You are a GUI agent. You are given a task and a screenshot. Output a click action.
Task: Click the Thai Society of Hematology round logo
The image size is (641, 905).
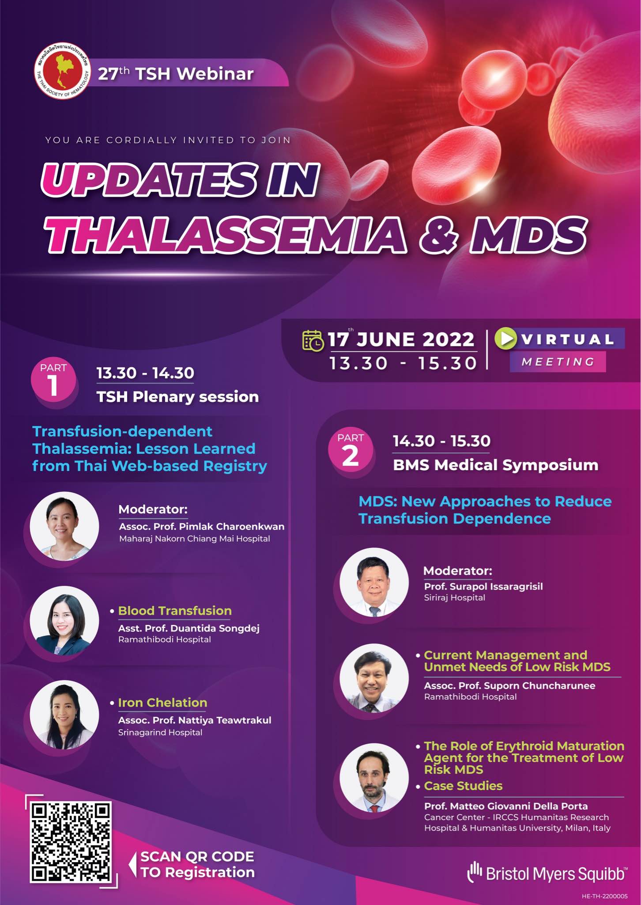(x=63, y=72)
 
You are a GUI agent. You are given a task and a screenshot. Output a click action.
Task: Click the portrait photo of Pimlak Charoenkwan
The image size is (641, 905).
(x=64, y=526)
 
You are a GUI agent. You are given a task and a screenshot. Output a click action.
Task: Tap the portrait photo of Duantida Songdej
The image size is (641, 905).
(x=64, y=620)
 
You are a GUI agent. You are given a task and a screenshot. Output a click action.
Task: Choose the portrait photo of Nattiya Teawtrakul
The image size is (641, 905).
(x=64, y=715)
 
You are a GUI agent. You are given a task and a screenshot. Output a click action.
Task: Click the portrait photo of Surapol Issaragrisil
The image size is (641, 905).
(x=374, y=582)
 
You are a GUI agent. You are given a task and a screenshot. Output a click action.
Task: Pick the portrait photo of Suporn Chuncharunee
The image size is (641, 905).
(x=374, y=678)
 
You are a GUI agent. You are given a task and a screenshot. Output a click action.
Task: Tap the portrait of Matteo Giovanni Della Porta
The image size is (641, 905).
(x=374, y=778)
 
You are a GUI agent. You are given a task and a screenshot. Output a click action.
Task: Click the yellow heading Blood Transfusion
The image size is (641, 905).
(x=175, y=611)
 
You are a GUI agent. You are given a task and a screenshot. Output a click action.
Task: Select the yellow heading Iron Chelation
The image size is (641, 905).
(x=162, y=703)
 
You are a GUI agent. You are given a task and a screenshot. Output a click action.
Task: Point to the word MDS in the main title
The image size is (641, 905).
(x=529, y=235)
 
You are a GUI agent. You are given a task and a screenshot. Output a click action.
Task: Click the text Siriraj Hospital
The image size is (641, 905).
(x=455, y=597)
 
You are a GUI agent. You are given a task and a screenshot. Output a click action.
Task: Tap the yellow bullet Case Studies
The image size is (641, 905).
(x=463, y=786)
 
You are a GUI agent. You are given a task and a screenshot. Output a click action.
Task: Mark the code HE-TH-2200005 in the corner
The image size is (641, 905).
(x=604, y=896)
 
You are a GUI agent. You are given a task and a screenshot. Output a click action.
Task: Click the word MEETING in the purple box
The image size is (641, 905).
(x=558, y=362)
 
